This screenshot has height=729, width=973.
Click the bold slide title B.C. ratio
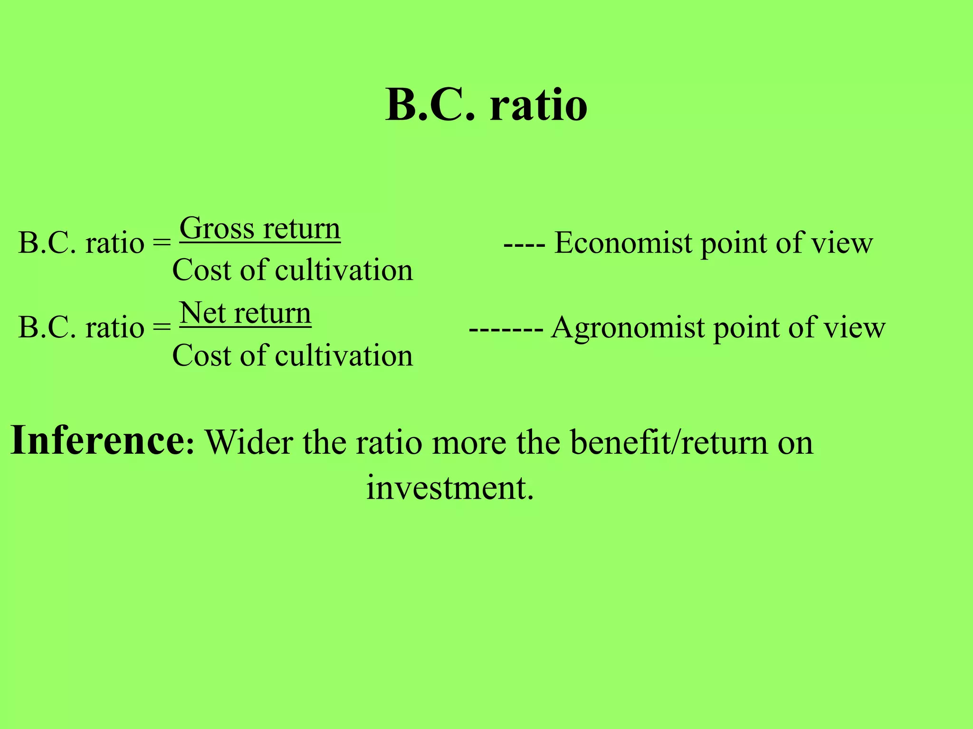pyautogui.click(x=486, y=105)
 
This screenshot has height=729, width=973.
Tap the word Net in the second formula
pyautogui.click(x=202, y=313)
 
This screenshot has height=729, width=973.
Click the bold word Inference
pyautogui.click(x=98, y=440)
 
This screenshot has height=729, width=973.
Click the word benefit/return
pyautogui.click(x=668, y=442)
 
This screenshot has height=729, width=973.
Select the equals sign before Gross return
pyautogui.click(x=162, y=243)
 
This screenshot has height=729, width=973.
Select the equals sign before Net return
pyautogui.click(x=162, y=327)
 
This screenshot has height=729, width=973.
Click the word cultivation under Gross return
pyautogui.click(x=344, y=271)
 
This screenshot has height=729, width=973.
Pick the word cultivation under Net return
pyautogui.click(x=344, y=355)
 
